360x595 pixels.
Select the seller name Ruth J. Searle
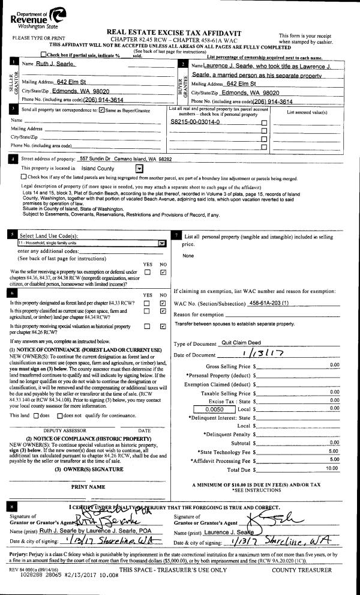[55, 64]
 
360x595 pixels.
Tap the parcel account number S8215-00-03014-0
[196, 121]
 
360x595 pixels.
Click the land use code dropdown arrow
[161, 243]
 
